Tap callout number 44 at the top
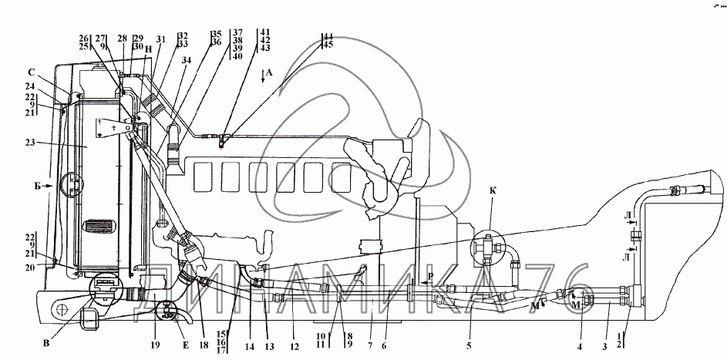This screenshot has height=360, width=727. point(328,36)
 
